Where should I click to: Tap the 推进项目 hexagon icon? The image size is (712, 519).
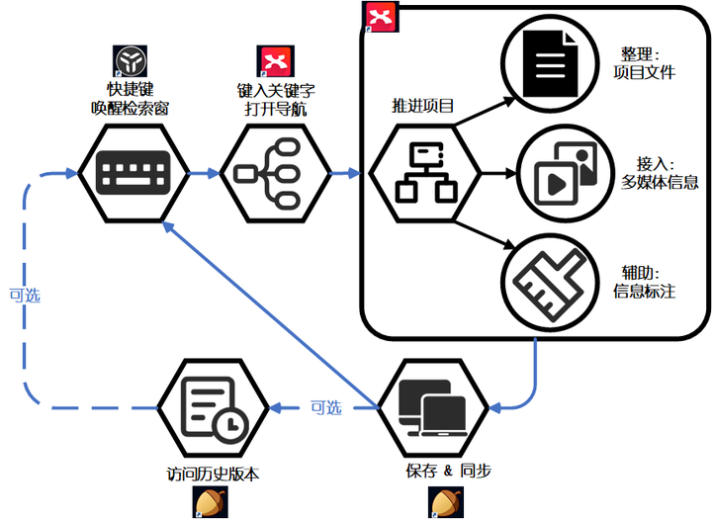(423, 176)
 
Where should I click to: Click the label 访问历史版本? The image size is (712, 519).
(213, 474)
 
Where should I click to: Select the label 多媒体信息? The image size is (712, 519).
(660, 181)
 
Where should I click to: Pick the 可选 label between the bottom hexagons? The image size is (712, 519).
(325, 406)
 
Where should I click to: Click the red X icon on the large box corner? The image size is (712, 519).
(379, 17)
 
